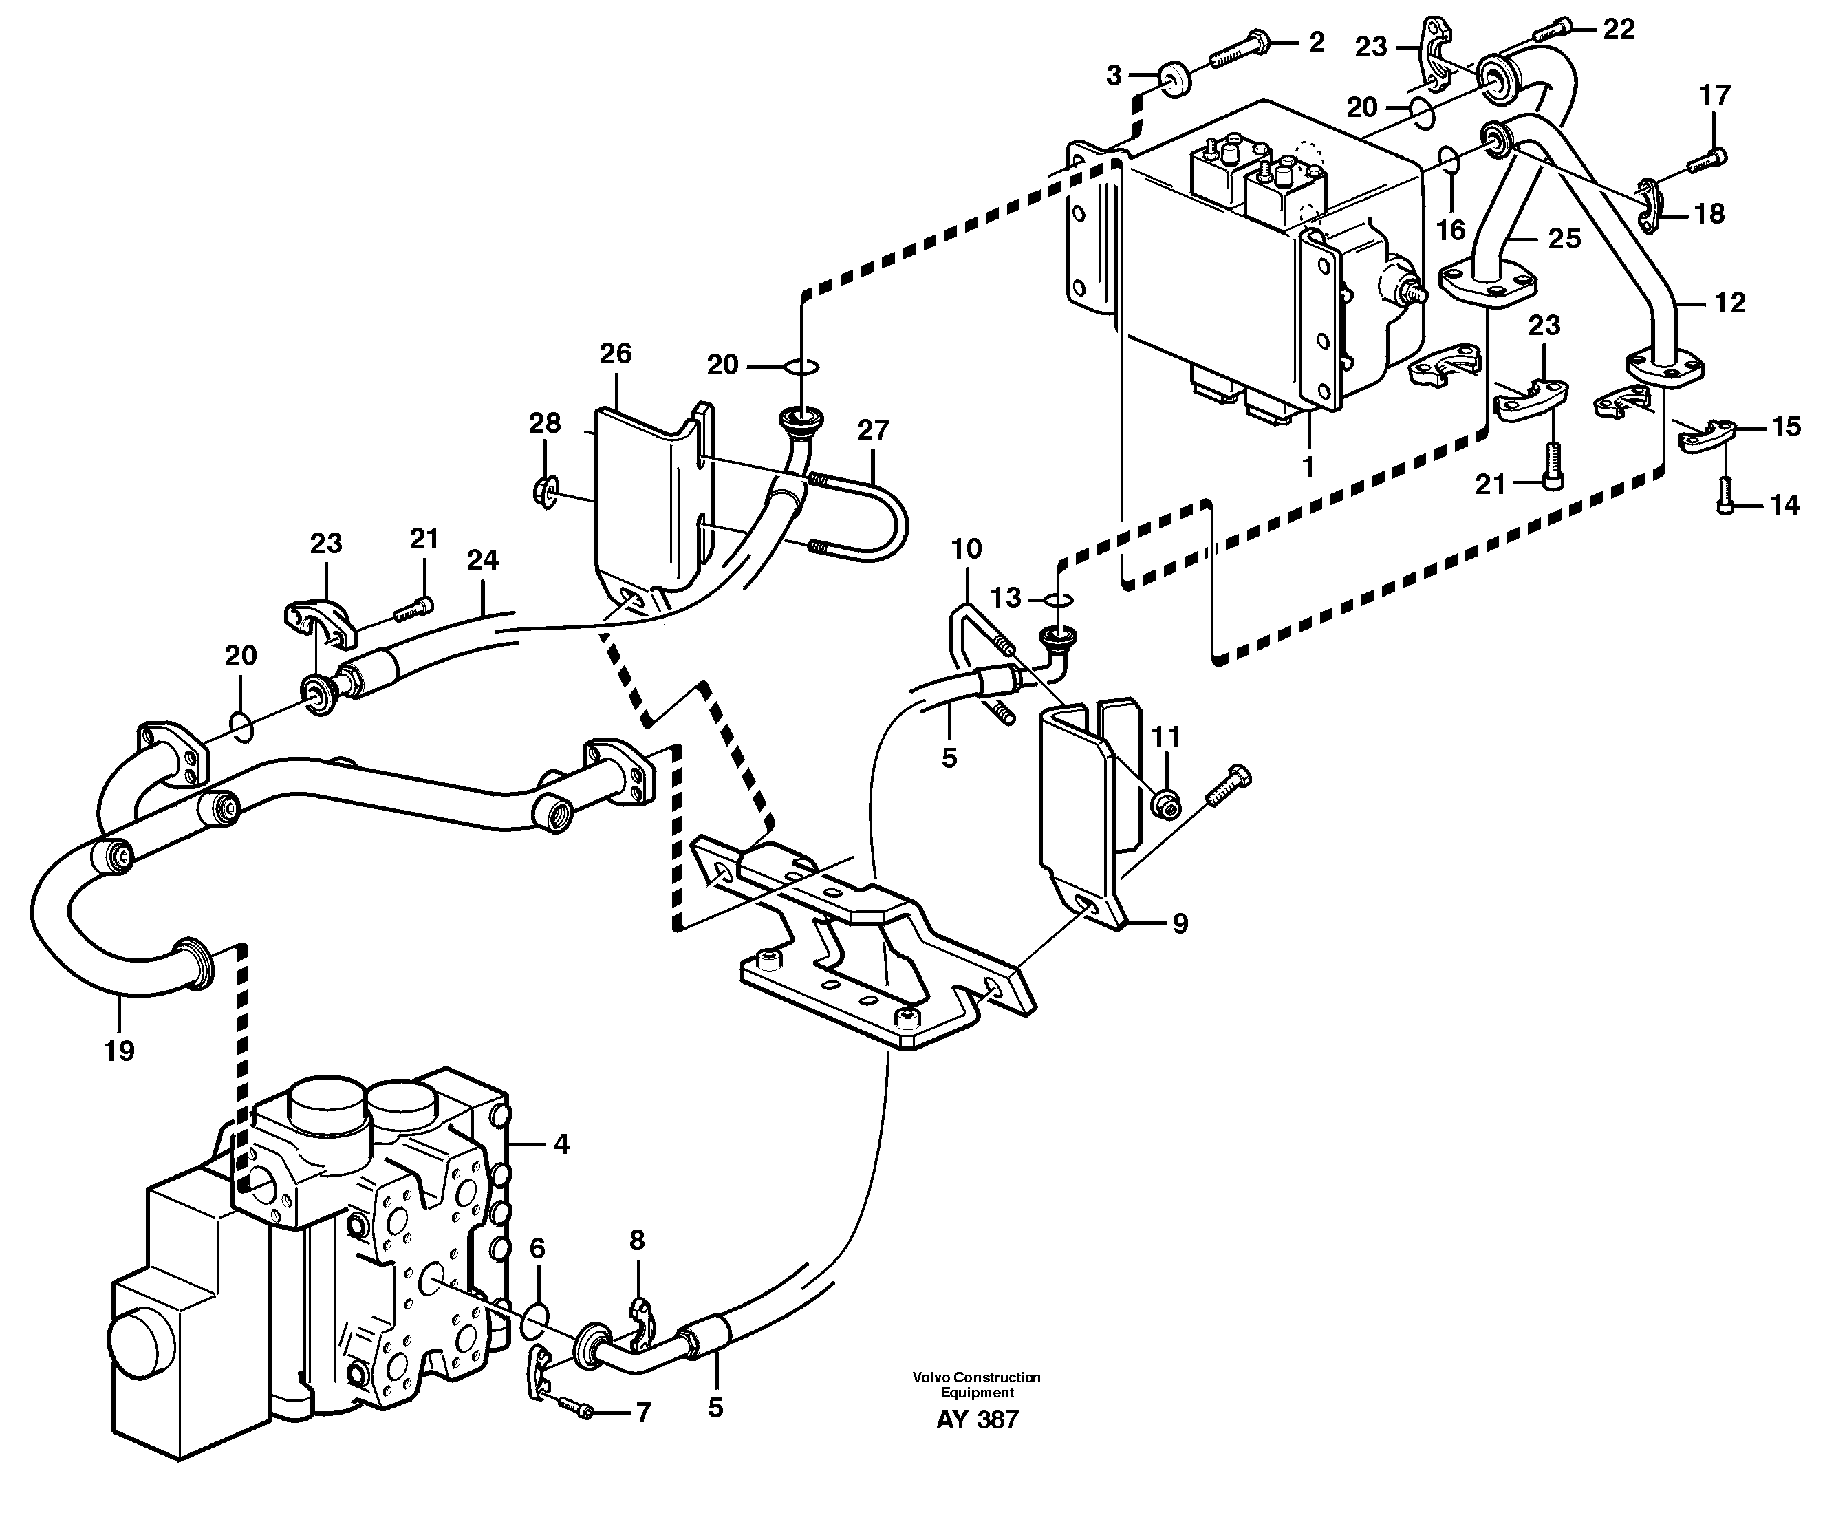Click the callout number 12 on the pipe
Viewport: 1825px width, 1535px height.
(1729, 303)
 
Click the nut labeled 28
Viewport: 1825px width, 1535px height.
(543, 493)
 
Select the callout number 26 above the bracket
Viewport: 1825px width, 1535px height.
(615, 353)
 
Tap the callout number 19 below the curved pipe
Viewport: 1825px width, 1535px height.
(119, 1051)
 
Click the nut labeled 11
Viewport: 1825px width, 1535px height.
(1165, 804)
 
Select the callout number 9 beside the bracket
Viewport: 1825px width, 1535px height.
(1180, 923)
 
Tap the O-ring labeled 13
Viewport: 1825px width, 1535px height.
(1056, 599)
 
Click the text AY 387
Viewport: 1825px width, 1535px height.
(976, 1420)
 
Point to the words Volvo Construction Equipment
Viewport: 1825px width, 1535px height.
(976, 1384)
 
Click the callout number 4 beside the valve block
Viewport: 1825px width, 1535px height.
(561, 1144)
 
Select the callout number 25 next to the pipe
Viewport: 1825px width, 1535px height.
(1564, 239)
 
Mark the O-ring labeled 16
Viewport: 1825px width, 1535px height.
(1448, 161)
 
